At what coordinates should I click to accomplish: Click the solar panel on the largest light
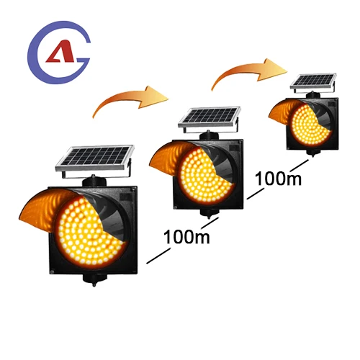click(94, 158)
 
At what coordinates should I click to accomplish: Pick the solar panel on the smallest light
click(313, 81)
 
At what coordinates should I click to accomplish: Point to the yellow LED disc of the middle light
click(206, 175)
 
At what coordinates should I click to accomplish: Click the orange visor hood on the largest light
click(45, 208)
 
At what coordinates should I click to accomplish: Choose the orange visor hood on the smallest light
click(283, 111)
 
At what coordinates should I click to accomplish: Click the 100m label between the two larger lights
click(186, 237)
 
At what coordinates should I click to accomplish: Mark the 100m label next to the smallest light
click(278, 179)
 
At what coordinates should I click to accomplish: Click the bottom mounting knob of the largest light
click(94, 280)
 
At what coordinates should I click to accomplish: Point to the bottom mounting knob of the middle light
click(209, 212)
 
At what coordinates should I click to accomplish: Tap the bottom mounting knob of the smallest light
click(312, 153)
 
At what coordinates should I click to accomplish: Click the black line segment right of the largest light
click(158, 256)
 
